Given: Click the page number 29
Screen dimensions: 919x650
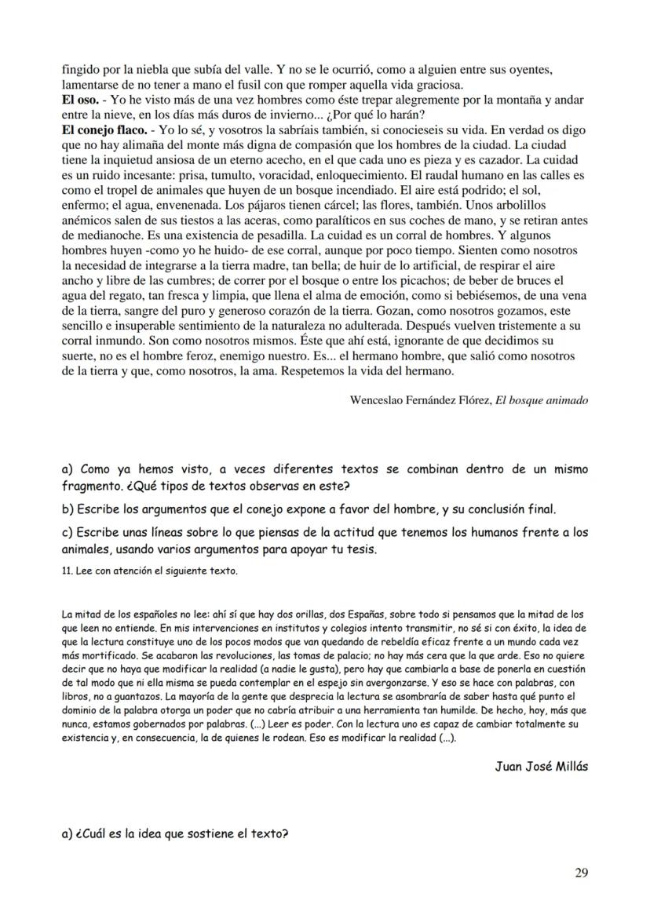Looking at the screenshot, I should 581,872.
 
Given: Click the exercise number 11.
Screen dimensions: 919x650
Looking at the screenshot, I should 66,571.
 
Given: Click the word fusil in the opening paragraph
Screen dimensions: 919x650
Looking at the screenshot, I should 274,86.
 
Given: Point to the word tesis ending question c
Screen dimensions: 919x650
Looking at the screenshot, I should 361,549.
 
